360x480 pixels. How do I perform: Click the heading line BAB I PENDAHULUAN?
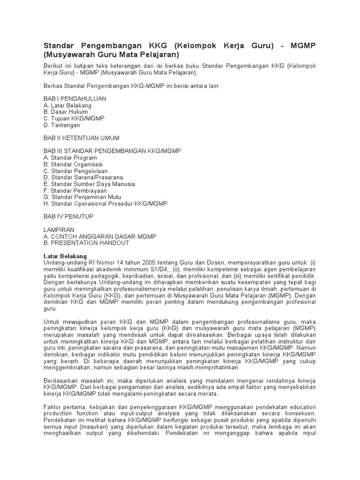(75, 99)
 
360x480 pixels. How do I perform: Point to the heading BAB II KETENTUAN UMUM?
(81, 138)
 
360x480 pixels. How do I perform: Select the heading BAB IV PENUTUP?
(68, 217)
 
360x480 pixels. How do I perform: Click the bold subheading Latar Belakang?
(65, 256)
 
